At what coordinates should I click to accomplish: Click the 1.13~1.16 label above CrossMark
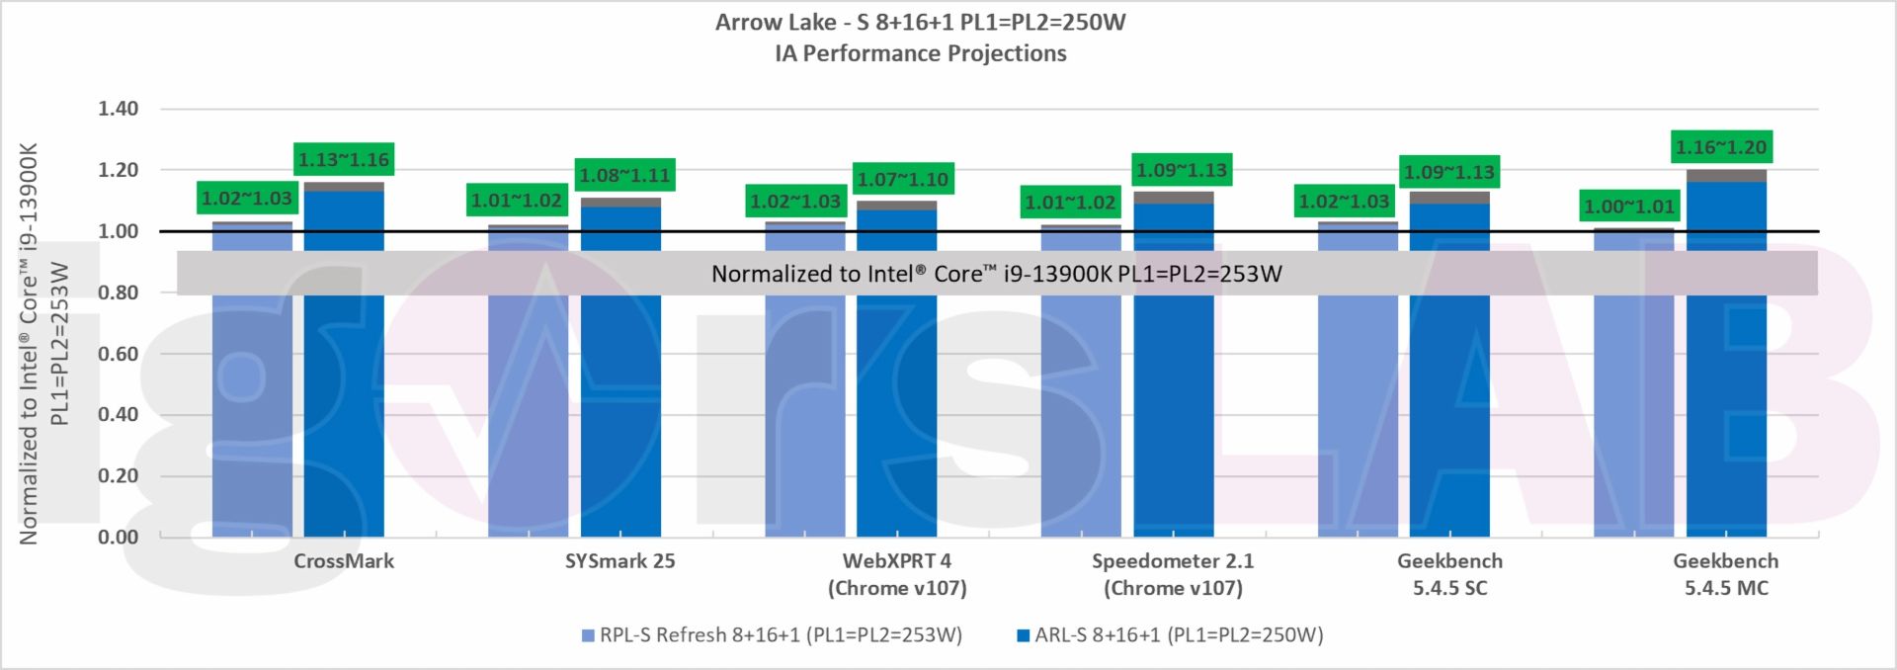click(x=344, y=160)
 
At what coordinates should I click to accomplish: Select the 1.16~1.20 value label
click(x=1720, y=147)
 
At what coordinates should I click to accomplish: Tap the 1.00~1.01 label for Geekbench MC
click(x=1629, y=207)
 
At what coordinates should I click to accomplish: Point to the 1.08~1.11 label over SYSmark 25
click(x=624, y=176)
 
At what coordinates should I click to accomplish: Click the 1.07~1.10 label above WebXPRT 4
click(x=902, y=180)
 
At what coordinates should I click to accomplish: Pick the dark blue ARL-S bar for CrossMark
click(x=344, y=395)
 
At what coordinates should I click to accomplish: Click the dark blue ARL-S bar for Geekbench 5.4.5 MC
click(x=1726, y=395)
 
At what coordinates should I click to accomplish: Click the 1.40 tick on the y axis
click(x=118, y=109)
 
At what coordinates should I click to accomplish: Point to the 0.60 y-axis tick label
click(x=118, y=354)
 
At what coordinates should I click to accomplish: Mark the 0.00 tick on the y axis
click(x=118, y=537)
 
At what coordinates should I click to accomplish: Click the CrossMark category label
click(x=344, y=561)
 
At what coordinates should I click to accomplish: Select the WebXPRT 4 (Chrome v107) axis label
click(x=897, y=574)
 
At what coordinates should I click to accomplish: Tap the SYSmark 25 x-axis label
click(x=620, y=561)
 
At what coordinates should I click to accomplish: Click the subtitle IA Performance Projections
click(x=921, y=53)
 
